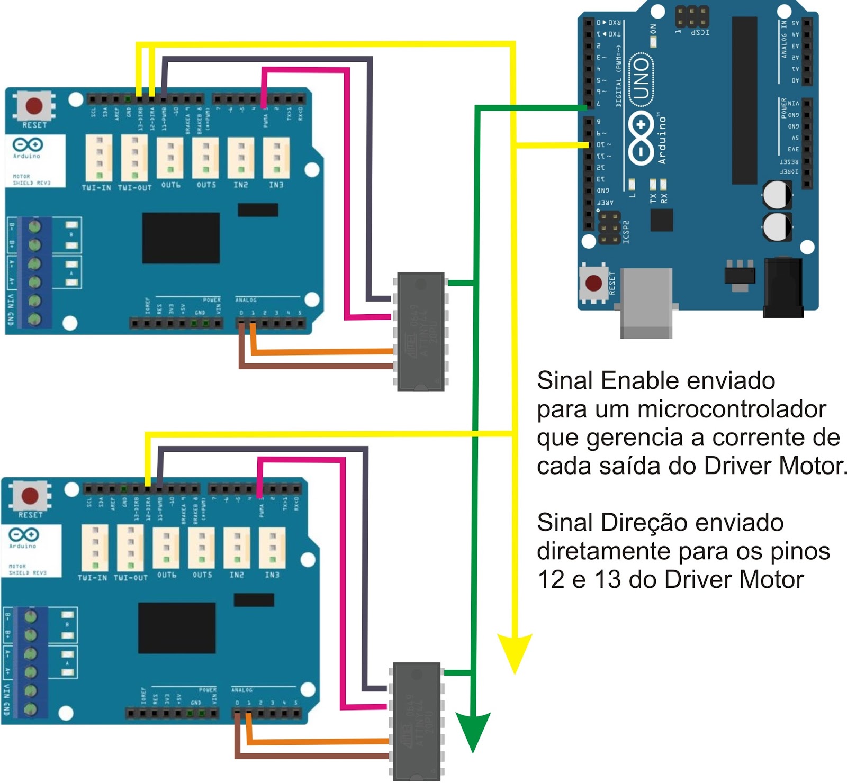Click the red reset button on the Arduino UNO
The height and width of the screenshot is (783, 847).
(593, 283)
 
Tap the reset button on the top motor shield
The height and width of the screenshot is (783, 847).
(34, 105)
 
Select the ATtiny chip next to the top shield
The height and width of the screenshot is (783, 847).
(421, 332)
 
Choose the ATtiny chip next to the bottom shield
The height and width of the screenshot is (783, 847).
(417, 721)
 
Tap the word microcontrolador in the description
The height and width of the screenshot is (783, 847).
(732, 409)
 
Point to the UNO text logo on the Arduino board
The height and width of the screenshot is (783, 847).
(641, 78)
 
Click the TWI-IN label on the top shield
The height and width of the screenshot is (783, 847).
(96, 188)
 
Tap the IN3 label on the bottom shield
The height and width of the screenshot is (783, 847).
(272, 575)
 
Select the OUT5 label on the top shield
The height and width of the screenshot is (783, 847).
(206, 185)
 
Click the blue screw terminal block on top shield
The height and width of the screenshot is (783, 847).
(34, 272)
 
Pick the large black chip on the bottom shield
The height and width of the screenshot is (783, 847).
(177, 628)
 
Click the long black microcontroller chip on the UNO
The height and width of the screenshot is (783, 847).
(744, 101)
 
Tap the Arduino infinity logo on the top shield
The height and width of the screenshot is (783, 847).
(27, 144)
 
